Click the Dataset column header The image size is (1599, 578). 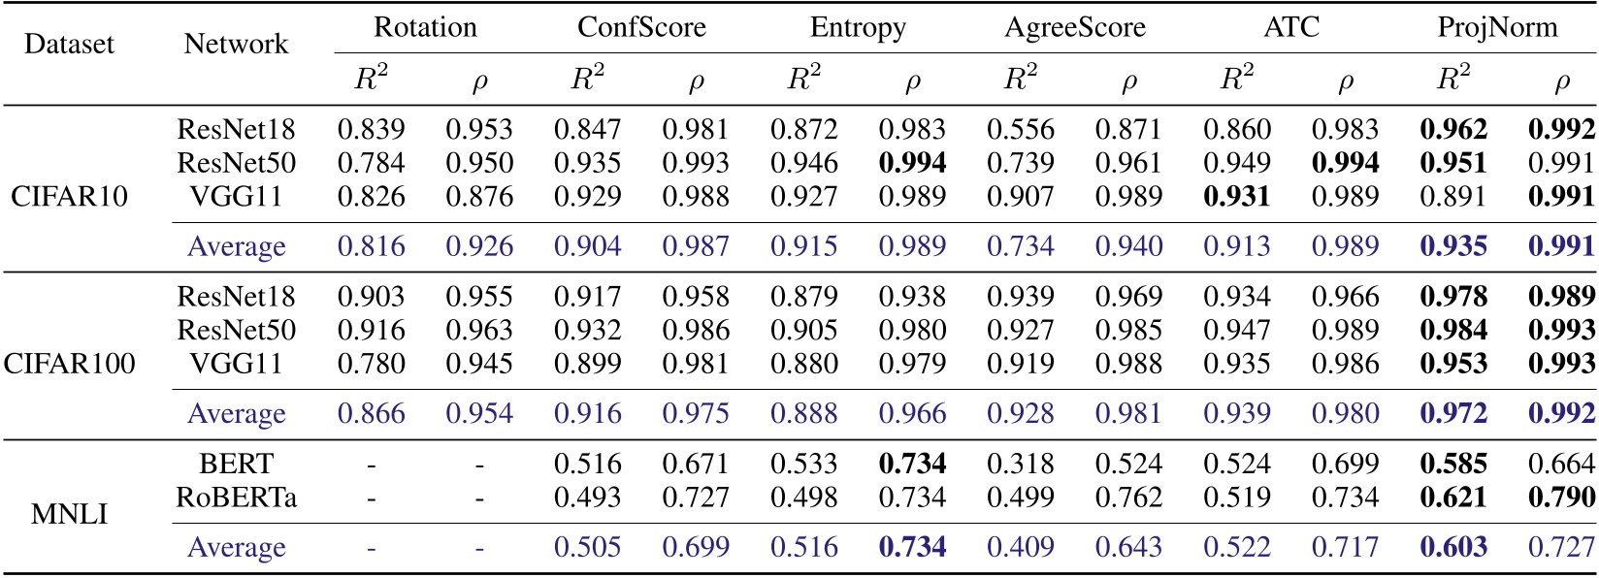69,44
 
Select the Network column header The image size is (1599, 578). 236,44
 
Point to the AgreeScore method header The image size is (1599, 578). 1074,27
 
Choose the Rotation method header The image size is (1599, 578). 425,27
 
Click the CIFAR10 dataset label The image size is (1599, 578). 69,197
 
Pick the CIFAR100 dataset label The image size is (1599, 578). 69,364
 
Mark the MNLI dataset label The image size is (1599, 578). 69,514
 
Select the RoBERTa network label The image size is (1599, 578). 236,498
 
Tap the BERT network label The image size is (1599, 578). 236,465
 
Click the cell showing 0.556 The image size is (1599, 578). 1020,130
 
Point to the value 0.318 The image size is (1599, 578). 1020,465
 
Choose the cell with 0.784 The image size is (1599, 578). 371,163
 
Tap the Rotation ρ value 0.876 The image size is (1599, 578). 479,197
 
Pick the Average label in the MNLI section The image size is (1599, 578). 236,547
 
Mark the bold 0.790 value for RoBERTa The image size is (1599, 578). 1560,498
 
